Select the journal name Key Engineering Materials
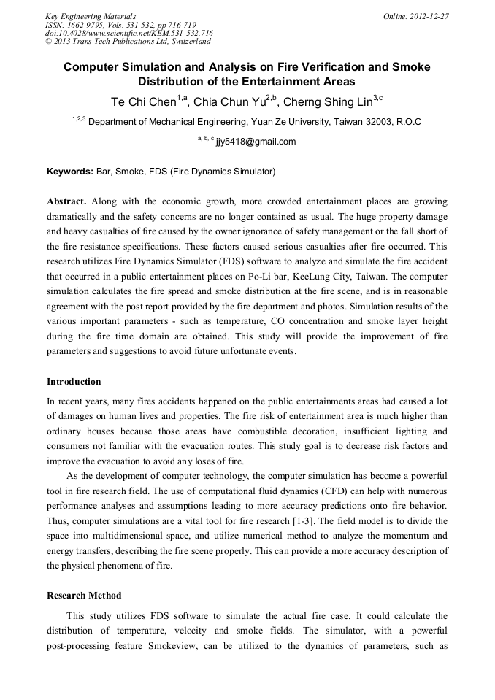(x=91, y=15)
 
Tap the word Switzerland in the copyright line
(x=185, y=41)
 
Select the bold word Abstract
(x=67, y=201)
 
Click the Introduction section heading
(x=74, y=382)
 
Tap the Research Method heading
(x=84, y=596)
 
